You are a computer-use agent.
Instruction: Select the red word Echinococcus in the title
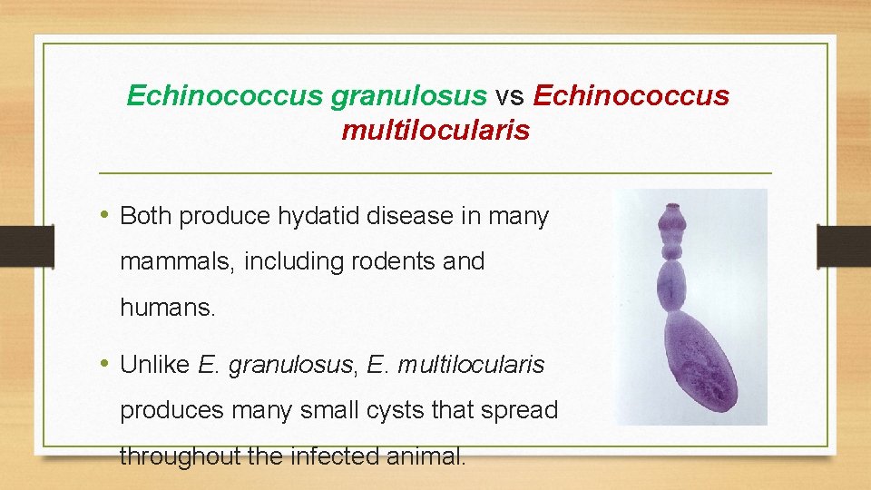[x=631, y=95]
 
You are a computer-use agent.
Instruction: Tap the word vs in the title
[x=511, y=95]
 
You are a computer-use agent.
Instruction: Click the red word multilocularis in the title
[x=435, y=131]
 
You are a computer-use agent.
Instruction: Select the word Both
[x=147, y=217]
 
